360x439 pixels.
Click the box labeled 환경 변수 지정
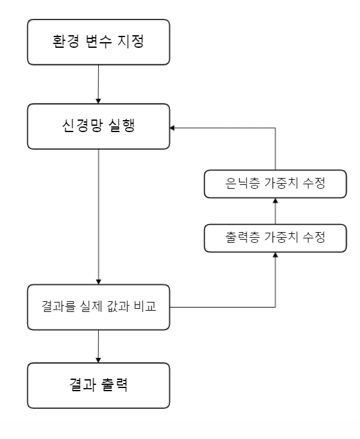point(98,42)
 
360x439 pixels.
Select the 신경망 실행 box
point(98,126)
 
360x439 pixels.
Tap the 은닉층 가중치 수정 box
point(276,184)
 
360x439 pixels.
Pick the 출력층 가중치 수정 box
point(276,238)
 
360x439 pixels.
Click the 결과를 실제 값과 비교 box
point(98,307)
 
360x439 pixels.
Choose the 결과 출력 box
point(98,386)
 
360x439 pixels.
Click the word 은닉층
point(242,183)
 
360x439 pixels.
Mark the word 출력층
point(242,237)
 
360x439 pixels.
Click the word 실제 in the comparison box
point(91,306)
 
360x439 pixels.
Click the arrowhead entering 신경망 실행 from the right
point(172,128)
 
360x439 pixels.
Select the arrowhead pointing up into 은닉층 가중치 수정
point(276,201)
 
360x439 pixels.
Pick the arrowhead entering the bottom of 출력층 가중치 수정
point(276,255)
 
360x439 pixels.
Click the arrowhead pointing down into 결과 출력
point(98,360)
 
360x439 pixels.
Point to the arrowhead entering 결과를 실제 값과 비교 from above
point(98,282)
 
